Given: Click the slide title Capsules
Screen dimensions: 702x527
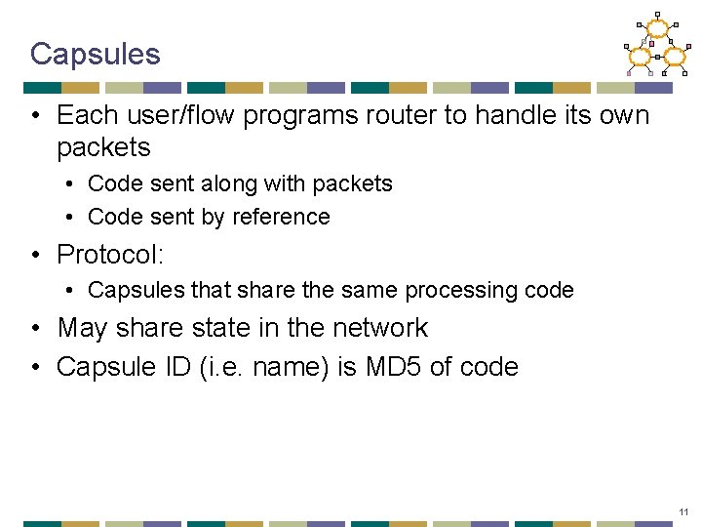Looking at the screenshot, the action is tap(95, 54).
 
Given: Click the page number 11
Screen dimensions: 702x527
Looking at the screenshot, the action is tap(683, 511).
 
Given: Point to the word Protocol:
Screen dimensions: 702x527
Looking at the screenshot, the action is tap(110, 255).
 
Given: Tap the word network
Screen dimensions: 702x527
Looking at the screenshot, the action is tap(377, 328).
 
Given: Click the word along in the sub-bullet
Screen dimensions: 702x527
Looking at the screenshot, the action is tap(222, 183).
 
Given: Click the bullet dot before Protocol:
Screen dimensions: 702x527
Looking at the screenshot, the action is tap(35, 256).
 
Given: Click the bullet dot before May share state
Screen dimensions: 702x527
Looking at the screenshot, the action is tap(35, 329).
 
